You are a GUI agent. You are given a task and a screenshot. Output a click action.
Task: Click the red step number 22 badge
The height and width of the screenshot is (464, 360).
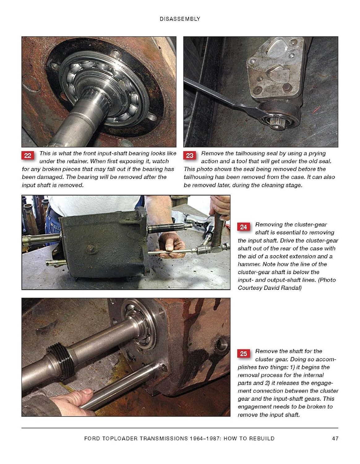tap(28, 155)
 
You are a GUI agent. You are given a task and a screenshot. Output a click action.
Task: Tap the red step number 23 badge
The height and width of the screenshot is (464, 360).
tap(190, 155)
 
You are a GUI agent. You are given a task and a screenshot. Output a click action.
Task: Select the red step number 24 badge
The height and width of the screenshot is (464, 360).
tap(243, 227)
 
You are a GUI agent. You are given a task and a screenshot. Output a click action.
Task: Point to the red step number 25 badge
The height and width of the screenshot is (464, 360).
tap(243, 354)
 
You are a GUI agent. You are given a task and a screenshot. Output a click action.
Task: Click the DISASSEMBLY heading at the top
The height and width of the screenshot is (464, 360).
tap(180, 19)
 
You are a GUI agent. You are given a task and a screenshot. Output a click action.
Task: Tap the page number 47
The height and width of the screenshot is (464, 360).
tap(335, 438)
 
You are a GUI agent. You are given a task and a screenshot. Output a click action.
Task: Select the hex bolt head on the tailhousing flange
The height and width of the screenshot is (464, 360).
tap(287, 87)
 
